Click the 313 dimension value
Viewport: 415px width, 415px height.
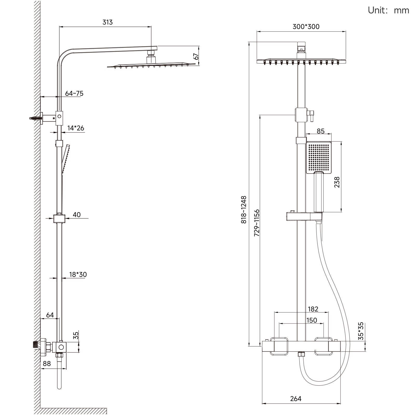107,22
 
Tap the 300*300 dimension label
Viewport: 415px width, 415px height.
306,27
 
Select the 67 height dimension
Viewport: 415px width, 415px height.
196,56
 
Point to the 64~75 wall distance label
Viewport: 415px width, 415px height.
74,93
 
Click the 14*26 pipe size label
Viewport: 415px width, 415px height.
76,128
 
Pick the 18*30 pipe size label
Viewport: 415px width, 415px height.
78,274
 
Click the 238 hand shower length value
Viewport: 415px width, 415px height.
337,182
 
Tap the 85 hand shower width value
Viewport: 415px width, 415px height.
321,131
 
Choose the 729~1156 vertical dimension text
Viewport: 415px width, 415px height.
257,223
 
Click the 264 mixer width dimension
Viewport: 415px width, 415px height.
296,399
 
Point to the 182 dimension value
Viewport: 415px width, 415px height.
313,309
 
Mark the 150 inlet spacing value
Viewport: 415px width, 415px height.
312,320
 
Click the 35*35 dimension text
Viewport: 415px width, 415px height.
361,331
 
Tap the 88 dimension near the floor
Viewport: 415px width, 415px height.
47,364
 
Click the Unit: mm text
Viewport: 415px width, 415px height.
388,10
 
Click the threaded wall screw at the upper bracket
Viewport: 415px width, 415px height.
35,118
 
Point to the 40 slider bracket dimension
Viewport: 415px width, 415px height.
77,215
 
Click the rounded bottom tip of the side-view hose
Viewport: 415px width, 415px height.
59,387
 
